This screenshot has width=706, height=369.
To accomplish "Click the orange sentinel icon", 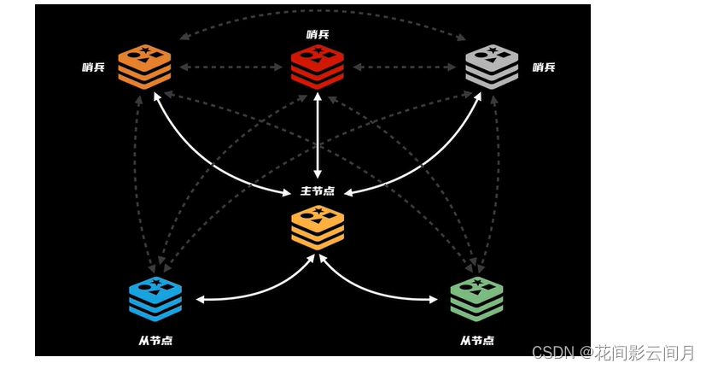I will (x=144, y=67).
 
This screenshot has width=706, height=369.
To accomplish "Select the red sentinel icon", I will (x=317, y=66).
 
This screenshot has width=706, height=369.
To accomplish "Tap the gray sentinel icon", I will (x=492, y=67).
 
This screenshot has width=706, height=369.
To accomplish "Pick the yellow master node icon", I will (x=318, y=226).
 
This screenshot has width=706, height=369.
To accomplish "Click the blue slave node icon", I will (x=155, y=298).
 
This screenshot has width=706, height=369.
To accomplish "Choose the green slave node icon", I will (x=476, y=298).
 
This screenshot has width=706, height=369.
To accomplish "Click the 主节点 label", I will (x=318, y=190).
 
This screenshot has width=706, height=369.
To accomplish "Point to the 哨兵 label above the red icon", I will (x=318, y=34).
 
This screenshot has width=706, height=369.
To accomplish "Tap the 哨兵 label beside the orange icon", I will (x=94, y=67).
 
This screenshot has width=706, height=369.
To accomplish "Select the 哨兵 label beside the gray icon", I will (x=544, y=67).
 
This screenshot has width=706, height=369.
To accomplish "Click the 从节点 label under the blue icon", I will (x=155, y=340).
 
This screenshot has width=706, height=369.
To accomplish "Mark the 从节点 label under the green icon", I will (x=476, y=340).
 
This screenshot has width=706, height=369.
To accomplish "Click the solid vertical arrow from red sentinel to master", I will (x=318, y=137).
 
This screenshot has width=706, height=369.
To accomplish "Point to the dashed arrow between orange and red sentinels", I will (x=230, y=67).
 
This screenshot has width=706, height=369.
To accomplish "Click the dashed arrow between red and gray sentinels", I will (x=405, y=67).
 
